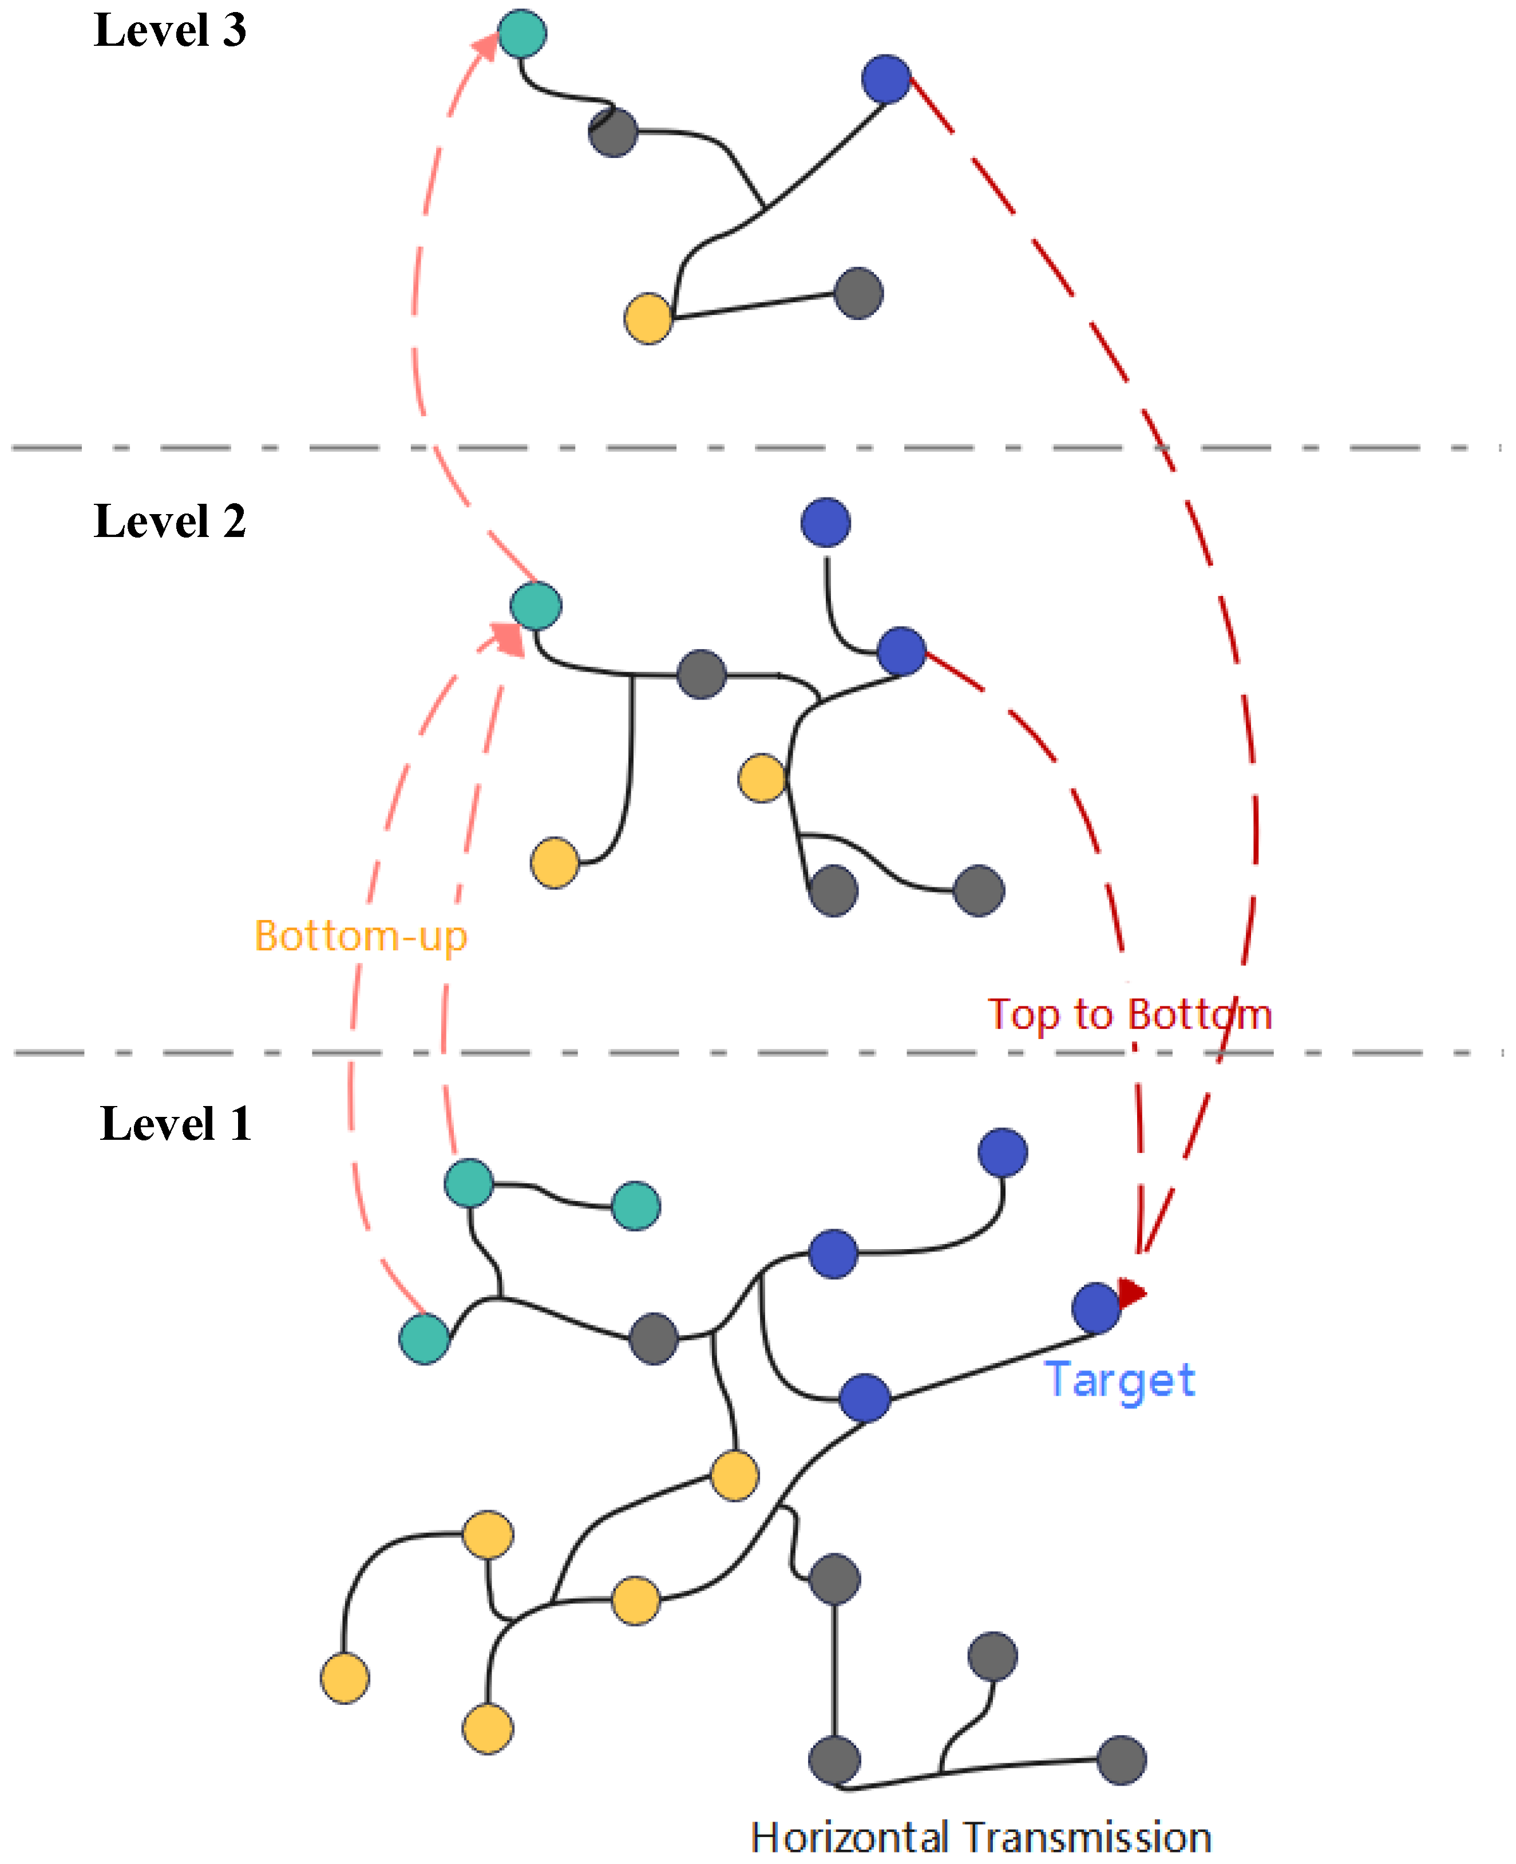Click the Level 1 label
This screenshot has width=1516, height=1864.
[x=176, y=1124]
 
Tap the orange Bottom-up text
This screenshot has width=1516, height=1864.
[x=361, y=937]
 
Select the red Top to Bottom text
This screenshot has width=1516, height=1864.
[x=1129, y=1015]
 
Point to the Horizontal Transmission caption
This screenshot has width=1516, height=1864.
[x=981, y=1838]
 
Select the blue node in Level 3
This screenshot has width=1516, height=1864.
[x=886, y=80]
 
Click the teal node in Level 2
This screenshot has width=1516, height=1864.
[x=535, y=605]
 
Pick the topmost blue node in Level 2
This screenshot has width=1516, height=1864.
[x=825, y=522]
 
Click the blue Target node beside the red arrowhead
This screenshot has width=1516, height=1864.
[x=1096, y=1308]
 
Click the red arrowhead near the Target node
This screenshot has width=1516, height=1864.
[x=1132, y=1292]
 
